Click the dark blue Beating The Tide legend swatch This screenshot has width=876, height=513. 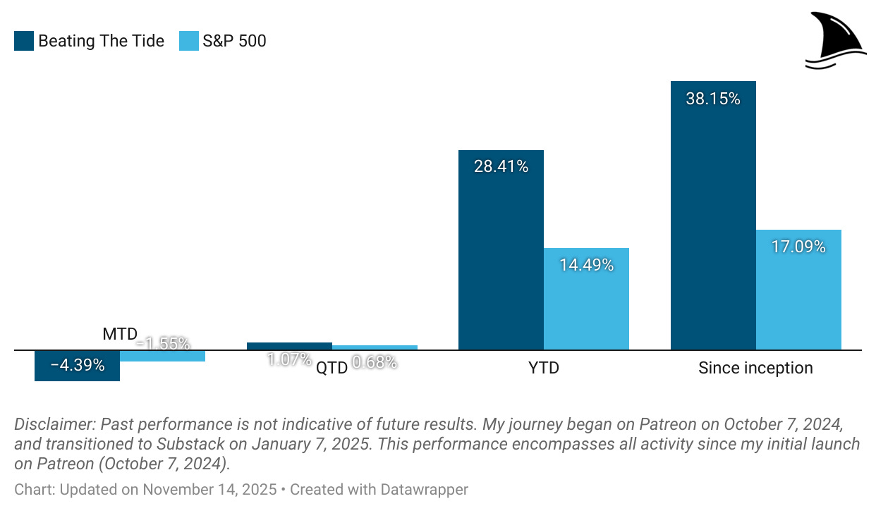[x=23, y=41]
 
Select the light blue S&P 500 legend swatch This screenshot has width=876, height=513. [x=190, y=41]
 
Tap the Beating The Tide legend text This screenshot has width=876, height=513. [x=101, y=41]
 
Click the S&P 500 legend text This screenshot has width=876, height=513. [x=234, y=41]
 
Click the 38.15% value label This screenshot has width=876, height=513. [x=712, y=99]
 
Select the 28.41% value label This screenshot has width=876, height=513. [x=501, y=167]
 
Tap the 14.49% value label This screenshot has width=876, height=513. [x=586, y=266]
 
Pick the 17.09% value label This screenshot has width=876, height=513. [x=798, y=247]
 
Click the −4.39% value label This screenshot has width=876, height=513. [x=78, y=366]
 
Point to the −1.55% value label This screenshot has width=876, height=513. [x=164, y=344]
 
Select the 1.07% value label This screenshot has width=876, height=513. [x=289, y=359]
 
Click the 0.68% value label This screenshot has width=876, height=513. [x=375, y=362]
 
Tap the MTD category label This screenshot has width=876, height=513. [x=120, y=334]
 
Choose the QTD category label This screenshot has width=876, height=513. [x=331, y=368]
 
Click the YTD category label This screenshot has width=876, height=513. [x=543, y=368]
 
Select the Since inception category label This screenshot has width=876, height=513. [x=755, y=368]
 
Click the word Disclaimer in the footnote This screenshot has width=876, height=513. [x=54, y=425]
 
